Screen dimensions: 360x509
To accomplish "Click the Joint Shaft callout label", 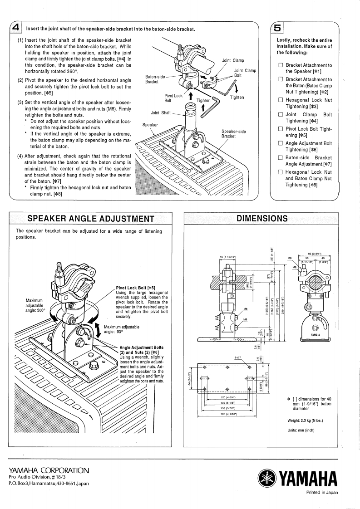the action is [x=160, y=113].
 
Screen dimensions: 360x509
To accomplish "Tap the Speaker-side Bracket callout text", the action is [x=233, y=134].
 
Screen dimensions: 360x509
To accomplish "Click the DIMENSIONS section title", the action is [x=262, y=218].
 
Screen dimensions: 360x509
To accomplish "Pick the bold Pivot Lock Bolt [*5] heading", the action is [x=136, y=287].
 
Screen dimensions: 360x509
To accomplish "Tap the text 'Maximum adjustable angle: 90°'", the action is [x=122, y=329].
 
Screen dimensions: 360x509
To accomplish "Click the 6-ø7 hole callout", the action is [x=237, y=357].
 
